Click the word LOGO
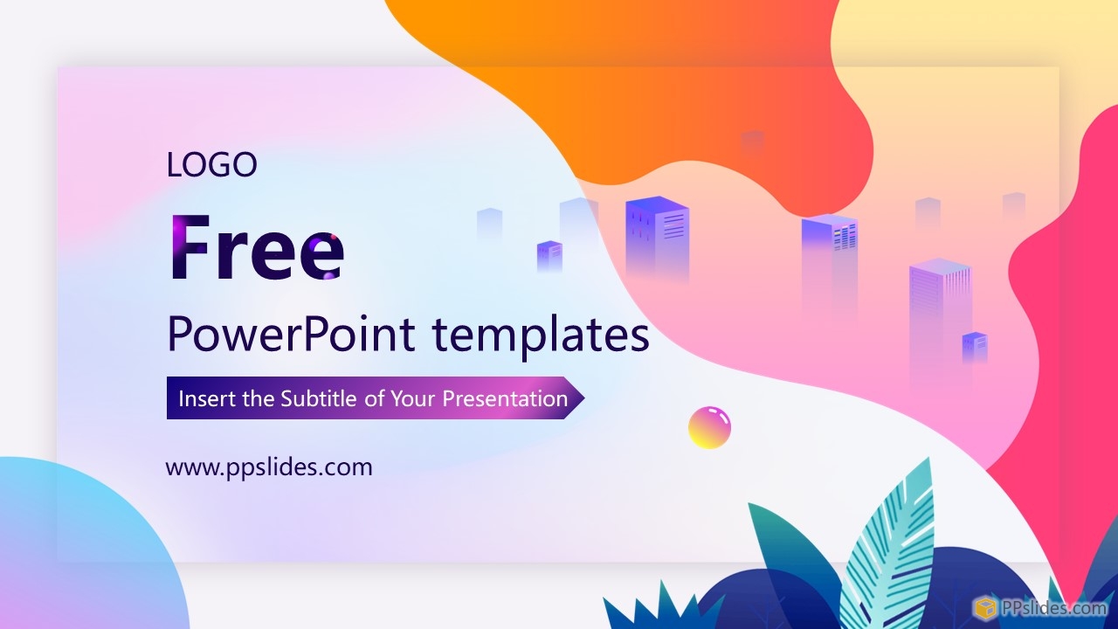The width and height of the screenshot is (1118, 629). click(x=211, y=165)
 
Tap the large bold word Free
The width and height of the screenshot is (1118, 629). click(x=257, y=247)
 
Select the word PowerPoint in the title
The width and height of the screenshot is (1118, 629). click(x=292, y=335)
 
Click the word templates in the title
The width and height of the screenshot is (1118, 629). click(x=541, y=335)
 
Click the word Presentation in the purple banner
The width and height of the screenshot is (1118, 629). click(x=505, y=398)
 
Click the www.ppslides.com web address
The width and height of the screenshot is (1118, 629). click(x=269, y=467)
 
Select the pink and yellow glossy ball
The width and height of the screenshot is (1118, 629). click(x=709, y=427)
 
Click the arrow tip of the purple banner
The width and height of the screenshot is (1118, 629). click(x=584, y=397)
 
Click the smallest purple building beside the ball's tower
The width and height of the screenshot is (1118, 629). click(x=975, y=348)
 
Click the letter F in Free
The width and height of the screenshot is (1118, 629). click(x=190, y=247)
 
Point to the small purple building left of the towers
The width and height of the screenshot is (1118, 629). click(x=549, y=257)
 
